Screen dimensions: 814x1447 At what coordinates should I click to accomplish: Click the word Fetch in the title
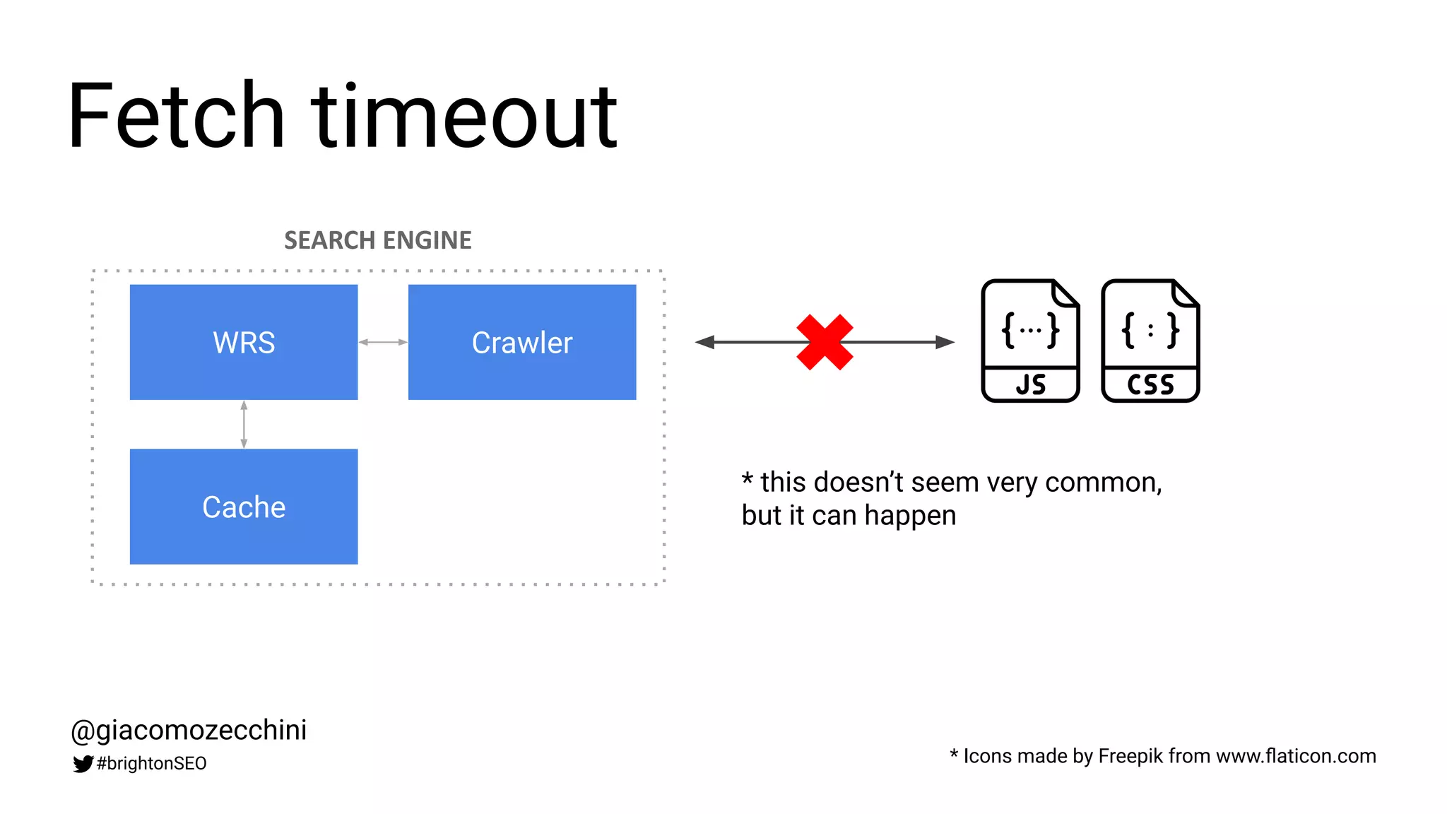point(176,117)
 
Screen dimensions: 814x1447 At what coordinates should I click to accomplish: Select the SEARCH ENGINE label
point(377,241)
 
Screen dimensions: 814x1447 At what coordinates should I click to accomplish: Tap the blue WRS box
point(244,343)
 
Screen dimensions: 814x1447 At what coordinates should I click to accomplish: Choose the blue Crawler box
point(522,343)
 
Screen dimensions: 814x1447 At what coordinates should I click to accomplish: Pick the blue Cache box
point(244,507)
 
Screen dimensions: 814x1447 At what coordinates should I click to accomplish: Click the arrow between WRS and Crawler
point(383,343)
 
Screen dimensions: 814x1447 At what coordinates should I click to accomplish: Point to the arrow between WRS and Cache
point(244,425)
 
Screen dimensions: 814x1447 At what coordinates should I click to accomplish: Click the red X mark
point(825,343)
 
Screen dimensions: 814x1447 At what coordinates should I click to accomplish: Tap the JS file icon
point(1030,341)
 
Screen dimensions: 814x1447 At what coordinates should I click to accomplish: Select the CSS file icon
point(1150,341)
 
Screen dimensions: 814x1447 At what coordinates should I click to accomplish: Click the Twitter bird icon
point(83,764)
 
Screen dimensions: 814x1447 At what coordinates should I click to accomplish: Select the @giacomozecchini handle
point(189,730)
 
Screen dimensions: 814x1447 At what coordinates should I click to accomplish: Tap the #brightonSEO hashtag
point(151,764)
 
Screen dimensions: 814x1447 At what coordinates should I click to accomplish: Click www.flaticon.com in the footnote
point(1296,756)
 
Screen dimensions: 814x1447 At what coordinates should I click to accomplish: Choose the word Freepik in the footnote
point(1130,756)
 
